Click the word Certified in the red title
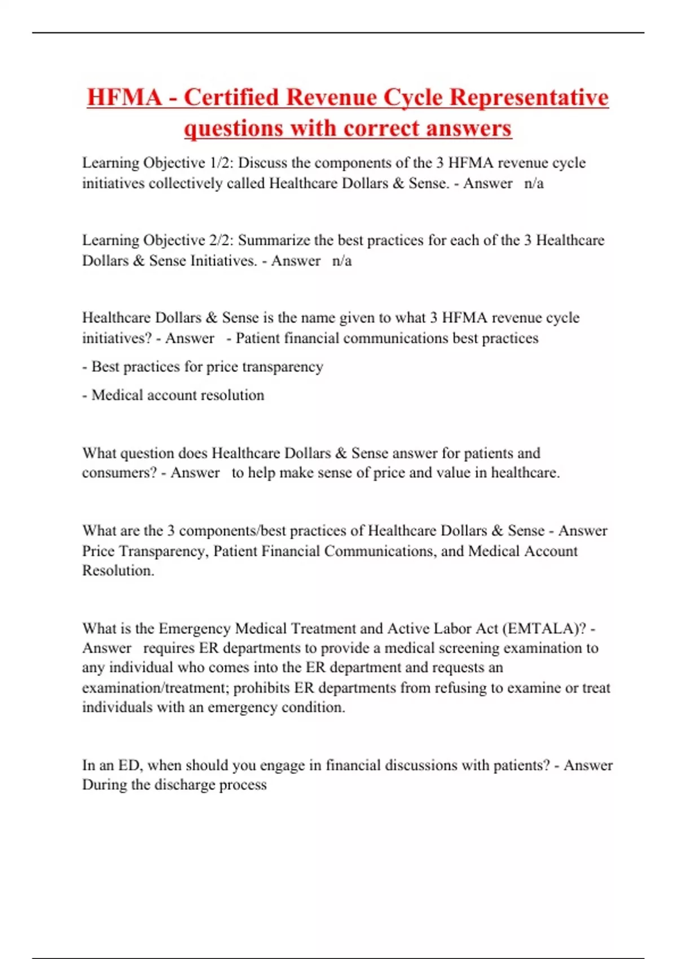coord(232,97)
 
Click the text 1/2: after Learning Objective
coord(222,163)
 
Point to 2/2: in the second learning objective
coord(222,240)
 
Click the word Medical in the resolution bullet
coord(117,395)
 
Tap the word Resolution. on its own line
coord(118,570)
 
